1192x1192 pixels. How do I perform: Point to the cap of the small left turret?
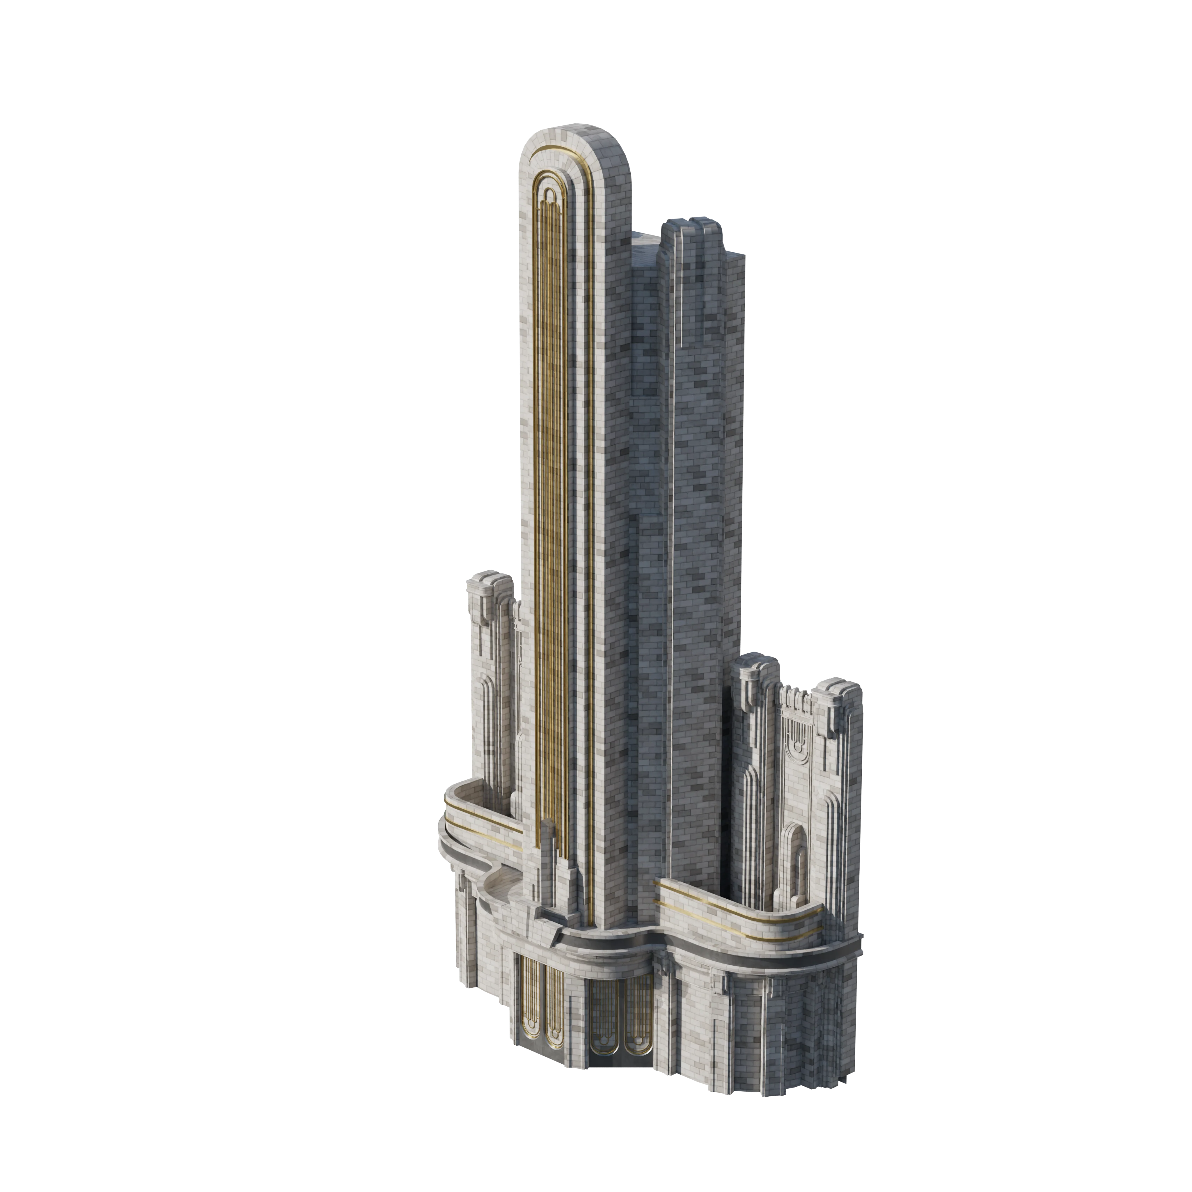489,583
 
